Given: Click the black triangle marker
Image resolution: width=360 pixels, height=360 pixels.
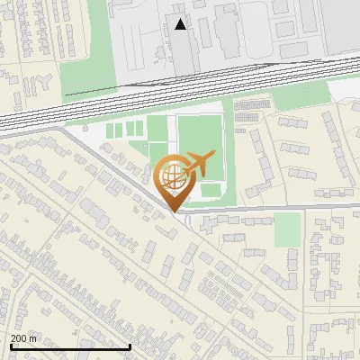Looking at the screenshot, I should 181,24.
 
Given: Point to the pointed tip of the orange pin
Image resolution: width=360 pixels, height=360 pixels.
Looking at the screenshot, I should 172,210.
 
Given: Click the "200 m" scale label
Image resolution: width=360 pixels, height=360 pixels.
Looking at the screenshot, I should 23,338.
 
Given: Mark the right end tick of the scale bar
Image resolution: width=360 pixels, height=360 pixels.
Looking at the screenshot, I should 130,346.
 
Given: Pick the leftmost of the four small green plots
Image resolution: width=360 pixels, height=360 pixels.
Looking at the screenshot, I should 112,131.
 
